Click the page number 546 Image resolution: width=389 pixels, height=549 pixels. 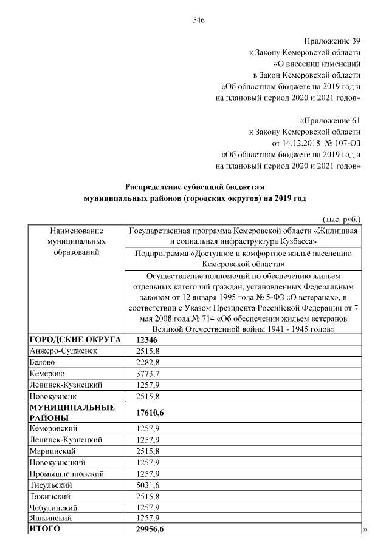pyautogui.click(x=198, y=19)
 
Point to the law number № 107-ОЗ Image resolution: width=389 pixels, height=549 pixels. pyautogui.click(x=343, y=143)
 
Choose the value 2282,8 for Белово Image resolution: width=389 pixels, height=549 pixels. pyautogui.click(x=149, y=362)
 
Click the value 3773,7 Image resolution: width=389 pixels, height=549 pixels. pyautogui.click(x=149, y=373)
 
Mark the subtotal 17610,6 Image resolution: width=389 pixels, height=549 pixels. pyautogui.click(x=152, y=412)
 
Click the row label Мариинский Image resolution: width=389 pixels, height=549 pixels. pyautogui.click(x=52, y=451)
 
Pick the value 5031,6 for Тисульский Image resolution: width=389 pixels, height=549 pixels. pyautogui.click(x=149, y=485)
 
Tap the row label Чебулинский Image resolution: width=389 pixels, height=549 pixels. pyautogui.click(x=55, y=507)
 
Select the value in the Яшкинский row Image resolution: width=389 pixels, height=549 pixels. pyautogui.click(x=149, y=518)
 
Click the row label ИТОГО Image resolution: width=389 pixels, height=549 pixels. pyautogui.click(x=46, y=530)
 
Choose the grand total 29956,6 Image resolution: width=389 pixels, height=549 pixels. pyautogui.click(x=152, y=530)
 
